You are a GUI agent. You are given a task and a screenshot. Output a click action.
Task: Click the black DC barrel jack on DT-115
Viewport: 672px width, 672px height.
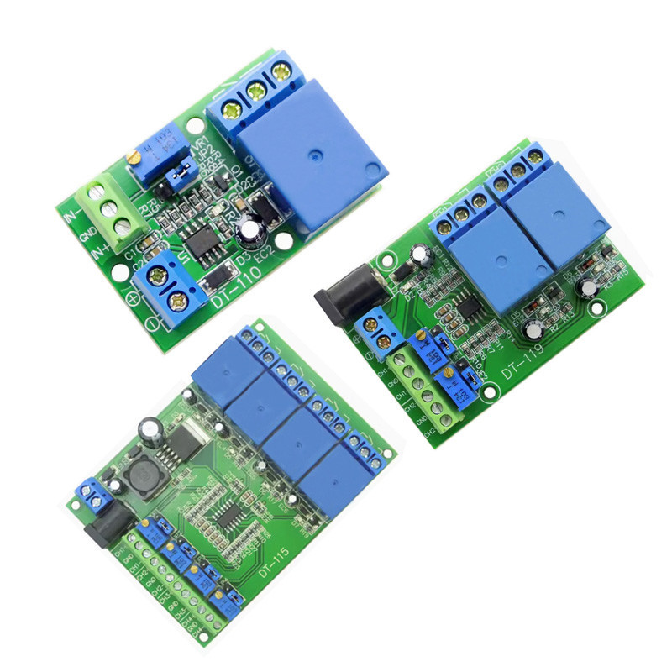coord(101,528)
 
